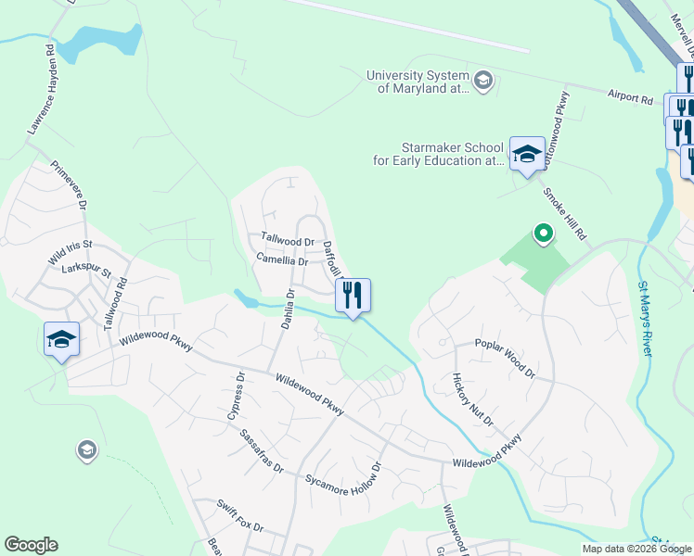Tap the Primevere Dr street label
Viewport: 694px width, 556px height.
(69, 185)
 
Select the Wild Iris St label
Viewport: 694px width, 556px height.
(71, 258)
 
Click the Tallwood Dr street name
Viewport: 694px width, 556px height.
(288, 242)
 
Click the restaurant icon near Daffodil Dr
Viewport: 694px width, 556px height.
(353, 296)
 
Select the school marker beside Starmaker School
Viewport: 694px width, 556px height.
(527, 154)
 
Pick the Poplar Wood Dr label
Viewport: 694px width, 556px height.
(505, 358)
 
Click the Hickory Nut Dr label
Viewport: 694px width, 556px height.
(472, 399)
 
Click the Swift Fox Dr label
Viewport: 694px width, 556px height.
(240, 516)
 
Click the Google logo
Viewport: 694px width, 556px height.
(31, 545)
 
